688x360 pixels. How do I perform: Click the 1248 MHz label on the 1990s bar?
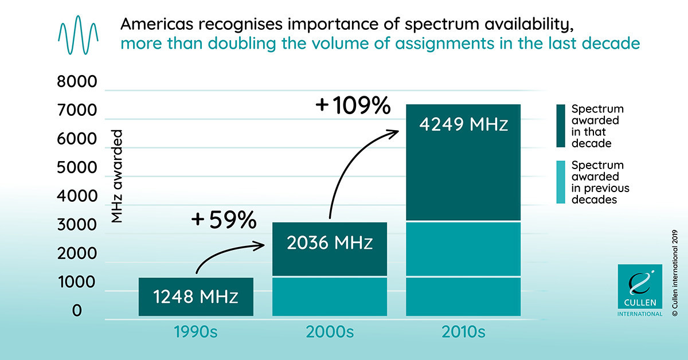[x=196, y=298]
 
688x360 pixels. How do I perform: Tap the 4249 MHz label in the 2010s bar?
[x=463, y=124]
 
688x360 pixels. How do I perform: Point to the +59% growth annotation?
[x=223, y=220]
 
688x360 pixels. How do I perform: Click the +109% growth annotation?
[x=353, y=106]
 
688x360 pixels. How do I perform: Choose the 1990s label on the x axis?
[x=196, y=332]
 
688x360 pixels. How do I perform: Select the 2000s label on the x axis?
[x=330, y=332]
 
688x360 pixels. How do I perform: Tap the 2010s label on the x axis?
[x=463, y=332]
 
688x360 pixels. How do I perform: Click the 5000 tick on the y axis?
[x=78, y=168]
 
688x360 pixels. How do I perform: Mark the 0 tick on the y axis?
[x=78, y=311]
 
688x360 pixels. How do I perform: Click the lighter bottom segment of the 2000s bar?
[x=330, y=296]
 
